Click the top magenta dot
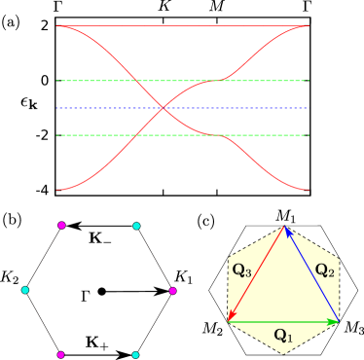(61, 226)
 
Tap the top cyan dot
(136, 227)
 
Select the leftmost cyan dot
(25, 290)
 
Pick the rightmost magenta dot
(172, 291)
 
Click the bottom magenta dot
(61, 355)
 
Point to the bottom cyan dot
(135, 355)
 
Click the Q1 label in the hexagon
(282, 336)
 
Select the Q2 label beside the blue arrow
(324, 270)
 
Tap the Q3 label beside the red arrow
(241, 270)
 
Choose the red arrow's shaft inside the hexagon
(256, 273)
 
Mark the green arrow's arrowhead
(334, 321)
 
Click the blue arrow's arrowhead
(287, 231)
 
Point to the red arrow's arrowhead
(231, 315)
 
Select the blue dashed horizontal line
(97, 108)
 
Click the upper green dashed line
(97, 81)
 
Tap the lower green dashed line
(97, 135)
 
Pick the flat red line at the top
(183, 26)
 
